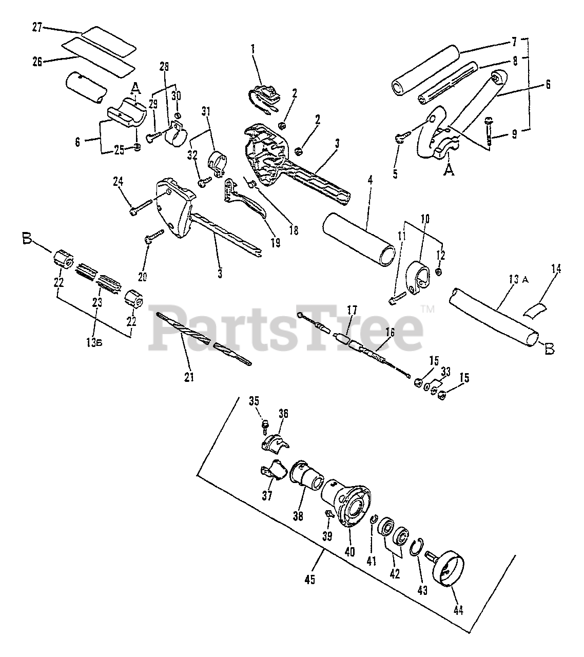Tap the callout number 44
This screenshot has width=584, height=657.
pos(458,610)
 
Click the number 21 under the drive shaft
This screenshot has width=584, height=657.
pos(189,377)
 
